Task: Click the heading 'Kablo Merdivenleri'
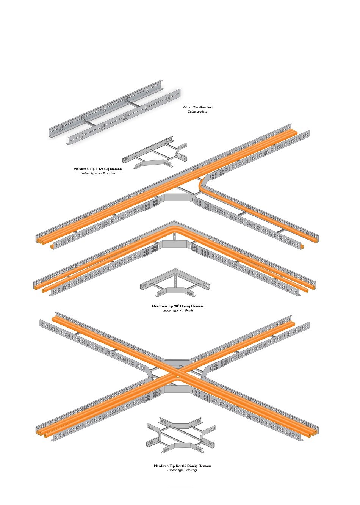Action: point(197,107)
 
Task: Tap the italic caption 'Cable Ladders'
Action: point(197,111)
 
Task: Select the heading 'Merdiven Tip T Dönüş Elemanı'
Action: point(98,169)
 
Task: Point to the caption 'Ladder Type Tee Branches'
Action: point(98,173)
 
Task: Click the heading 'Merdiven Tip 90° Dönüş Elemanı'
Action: point(178,306)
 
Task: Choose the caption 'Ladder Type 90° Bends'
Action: point(178,310)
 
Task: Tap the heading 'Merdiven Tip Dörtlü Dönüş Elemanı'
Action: point(182,466)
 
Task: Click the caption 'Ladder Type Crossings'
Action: point(182,470)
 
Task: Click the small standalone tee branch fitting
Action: point(155,153)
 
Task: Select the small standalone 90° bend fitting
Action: point(175,282)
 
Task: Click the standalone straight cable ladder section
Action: point(114,112)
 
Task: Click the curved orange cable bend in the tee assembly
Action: point(202,184)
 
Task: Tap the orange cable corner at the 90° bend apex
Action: point(174,229)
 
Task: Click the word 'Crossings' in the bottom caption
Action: point(191,470)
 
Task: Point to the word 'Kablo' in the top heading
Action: point(187,107)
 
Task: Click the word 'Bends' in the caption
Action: point(189,310)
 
